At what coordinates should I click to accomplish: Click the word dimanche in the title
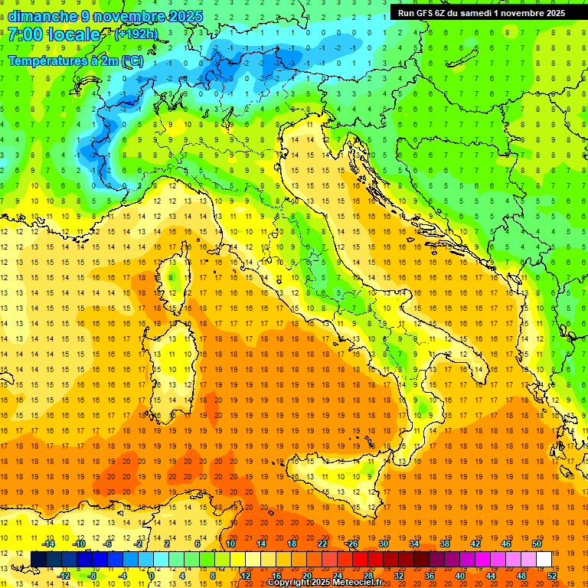pyautogui.click(x=41, y=16)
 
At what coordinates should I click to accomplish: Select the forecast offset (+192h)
pyautogui.click(x=136, y=34)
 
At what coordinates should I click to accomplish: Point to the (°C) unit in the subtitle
pyautogui.click(x=131, y=60)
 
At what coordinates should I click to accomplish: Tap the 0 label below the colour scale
pyautogui.click(x=152, y=576)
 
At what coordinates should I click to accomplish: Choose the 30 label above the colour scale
pyautogui.click(x=384, y=543)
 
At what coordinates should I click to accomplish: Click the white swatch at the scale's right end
pyautogui.click(x=544, y=559)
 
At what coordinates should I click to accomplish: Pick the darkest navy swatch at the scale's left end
pyautogui.click(x=38, y=559)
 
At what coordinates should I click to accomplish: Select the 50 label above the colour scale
pyautogui.click(x=536, y=543)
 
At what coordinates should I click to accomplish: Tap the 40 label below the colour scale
pyautogui.click(x=459, y=576)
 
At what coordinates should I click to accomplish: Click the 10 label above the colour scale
pyautogui.click(x=230, y=543)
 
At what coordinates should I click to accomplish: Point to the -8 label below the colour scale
pyautogui.click(x=92, y=576)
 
